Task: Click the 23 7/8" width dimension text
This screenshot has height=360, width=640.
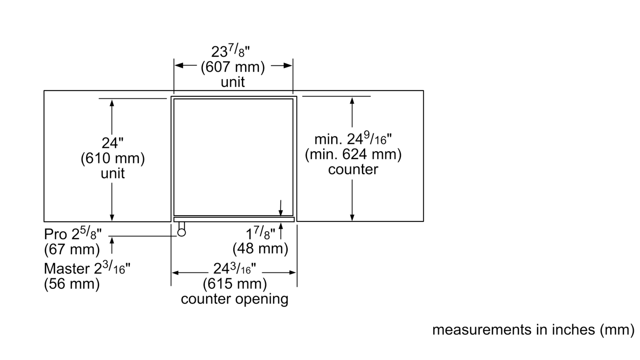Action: pyautogui.click(x=230, y=52)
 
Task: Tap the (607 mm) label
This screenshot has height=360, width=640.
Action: pyautogui.click(x=233, y=67)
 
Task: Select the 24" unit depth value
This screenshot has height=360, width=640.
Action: pyautogui.click(x=112, y=143)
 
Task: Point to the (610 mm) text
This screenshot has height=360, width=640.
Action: pyautogui.click(x=112, y=158)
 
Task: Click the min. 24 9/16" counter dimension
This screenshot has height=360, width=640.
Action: pyautogui.click(x=353, y=138)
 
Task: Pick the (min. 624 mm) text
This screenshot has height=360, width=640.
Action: pyautogui.click(x=353, y=154)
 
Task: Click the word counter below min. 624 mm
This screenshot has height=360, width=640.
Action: pyautogui.click(x=353, y=170)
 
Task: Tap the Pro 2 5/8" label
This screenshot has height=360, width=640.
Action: pyautogui.click(x=72, y=234)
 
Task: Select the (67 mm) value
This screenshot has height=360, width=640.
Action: pyautogui.click(x=72, y=249)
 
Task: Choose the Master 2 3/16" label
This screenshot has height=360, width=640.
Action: pyautogui.click(x=87, y=268)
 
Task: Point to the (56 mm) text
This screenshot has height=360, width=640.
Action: pyautogui.click(x=72, y=284)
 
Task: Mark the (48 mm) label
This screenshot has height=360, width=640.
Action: pyautogui.click(x=260, y=248)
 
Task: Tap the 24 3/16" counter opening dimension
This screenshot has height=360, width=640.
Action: pyautogui.click(x=234, y=268)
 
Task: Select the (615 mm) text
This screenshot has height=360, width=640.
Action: pyautogui.click(x=235, y=284)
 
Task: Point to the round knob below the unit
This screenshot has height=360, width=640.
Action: pyautogui.click(x=182, y=232)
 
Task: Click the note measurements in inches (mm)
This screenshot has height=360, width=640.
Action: pyautogui.click(x=534, y=330)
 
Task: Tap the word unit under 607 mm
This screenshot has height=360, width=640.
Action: pyautogui.click(x=233, y=82)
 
